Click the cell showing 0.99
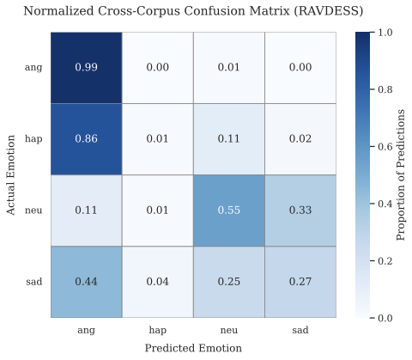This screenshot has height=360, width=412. coord(86,67)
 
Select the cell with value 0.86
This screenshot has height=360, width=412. coord(86,138)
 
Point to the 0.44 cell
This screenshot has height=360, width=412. coord(86,282)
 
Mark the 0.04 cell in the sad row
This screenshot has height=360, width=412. coord(157,282)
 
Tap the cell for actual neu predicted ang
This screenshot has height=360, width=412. coord(86,211)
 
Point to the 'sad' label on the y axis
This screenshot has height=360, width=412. coord(35,282)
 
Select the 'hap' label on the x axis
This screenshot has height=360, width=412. coord(157,329)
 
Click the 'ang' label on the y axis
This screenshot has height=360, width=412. coord(35,67)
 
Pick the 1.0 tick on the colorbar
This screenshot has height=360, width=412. coord(380,32)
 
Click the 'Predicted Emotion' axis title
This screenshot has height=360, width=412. coord(192,348)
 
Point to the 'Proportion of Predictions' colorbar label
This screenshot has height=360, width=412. coord(401,174)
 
